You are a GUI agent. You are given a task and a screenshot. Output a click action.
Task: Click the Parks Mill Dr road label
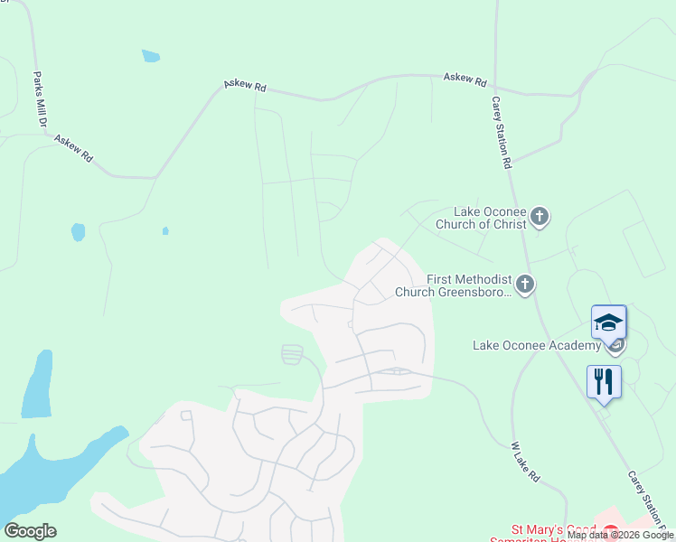click(x=40, y=99)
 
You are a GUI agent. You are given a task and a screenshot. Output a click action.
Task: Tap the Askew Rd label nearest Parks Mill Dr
click(x=74, y=148)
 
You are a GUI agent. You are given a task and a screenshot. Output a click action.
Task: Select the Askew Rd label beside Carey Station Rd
click(x=465, y=79)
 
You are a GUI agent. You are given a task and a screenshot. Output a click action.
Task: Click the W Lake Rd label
click(x=525, y=462)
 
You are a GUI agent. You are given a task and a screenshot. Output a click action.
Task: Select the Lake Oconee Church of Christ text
click(x=480, y=218)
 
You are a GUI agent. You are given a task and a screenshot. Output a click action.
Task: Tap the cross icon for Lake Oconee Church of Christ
click(x=540, y=216)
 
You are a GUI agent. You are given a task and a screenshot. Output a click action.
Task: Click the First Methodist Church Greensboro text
click(x=454, y=286)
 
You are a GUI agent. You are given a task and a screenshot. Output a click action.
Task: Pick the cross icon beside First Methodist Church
click(x=525, y=285)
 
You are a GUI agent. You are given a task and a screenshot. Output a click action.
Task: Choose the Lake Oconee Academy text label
click(x=537, y=345)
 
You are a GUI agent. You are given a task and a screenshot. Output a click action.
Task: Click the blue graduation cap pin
click(x=608, y=322)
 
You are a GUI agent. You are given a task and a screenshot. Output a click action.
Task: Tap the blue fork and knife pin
click(x=604, y=380)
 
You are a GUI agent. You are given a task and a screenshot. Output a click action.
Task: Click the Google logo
click(x=30, y=531)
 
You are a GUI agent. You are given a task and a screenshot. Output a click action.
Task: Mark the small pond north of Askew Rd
click(x=151, y=56)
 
